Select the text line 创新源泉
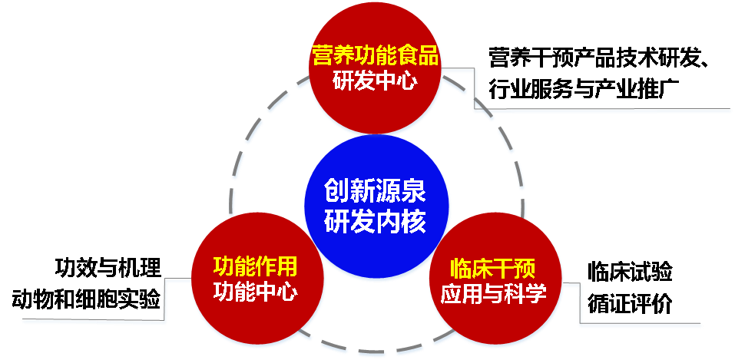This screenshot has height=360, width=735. coord(375,189)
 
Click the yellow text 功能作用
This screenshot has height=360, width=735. coord(255,266)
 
